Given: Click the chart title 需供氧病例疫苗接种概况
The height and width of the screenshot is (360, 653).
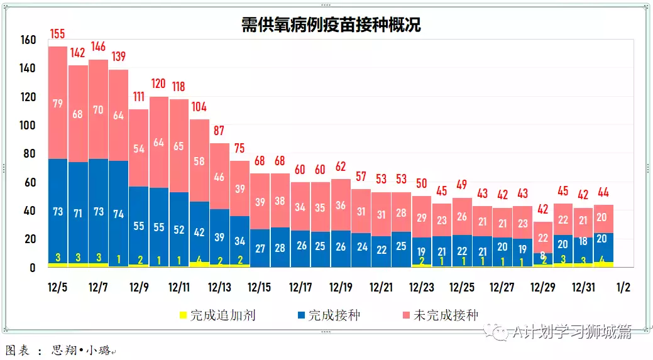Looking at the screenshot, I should point(331,25).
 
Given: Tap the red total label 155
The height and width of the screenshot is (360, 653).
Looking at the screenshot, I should point(58,34).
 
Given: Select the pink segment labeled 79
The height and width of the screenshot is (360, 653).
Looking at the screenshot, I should point(58,103).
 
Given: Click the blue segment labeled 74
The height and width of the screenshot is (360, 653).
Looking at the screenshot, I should point(118,213).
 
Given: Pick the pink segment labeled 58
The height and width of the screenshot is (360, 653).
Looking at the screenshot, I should point(199,161).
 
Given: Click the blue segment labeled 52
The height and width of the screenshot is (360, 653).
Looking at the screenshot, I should point(179,229).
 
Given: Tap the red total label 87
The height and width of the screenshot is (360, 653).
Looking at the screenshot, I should point(219,131).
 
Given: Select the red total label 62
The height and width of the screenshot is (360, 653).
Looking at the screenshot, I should point(341,166).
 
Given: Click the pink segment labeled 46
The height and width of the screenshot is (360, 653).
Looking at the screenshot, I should point(219,177).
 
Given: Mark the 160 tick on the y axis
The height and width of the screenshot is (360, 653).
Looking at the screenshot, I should point(28,40).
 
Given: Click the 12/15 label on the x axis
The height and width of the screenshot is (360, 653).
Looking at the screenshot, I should point(260,287).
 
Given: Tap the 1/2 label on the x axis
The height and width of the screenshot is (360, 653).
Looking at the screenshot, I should point(623,287).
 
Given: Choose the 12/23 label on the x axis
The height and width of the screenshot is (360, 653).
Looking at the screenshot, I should point(421,287).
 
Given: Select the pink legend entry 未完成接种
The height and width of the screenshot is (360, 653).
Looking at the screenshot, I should point(446,315).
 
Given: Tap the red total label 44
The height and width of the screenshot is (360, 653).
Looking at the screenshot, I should point(603,192).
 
